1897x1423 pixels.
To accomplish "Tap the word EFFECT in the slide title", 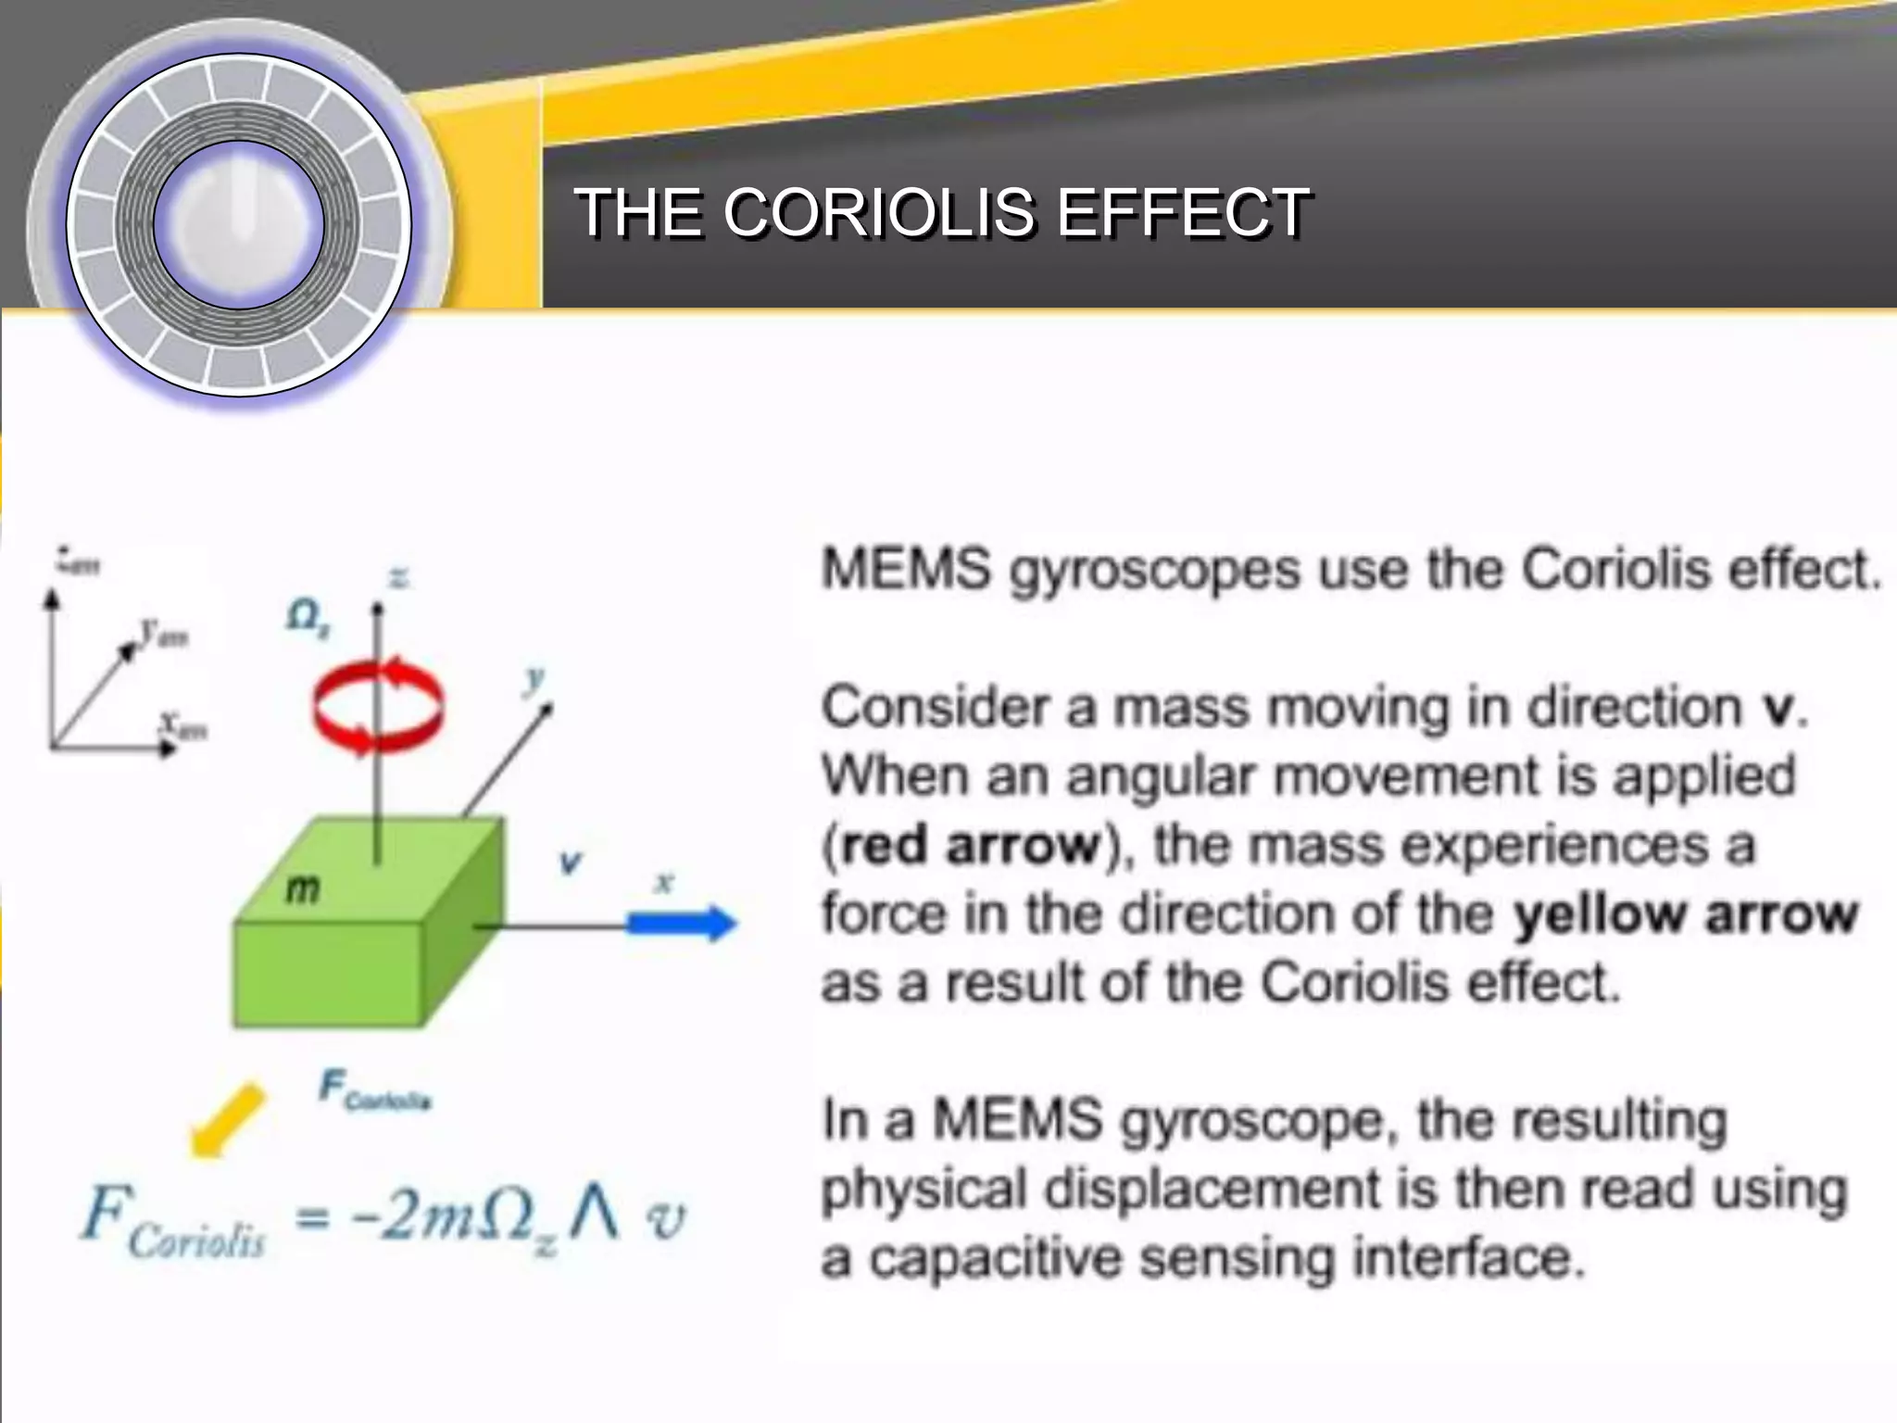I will (x=1183, y=212).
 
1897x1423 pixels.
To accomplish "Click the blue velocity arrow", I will (x=683, y=923).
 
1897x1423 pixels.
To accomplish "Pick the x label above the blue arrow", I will (x=664, y=882).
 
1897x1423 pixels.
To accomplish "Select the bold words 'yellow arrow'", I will (x=1685, y=913).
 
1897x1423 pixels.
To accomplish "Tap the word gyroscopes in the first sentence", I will (x=1154, y=571).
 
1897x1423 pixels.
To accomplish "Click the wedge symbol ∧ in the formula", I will (x=593, y=1213).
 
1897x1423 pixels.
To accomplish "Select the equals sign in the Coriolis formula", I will (x=313, y=1218).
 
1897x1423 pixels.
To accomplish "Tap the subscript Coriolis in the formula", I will (x=196, y=1241).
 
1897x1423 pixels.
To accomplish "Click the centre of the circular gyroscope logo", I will (x=238, y=225).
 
